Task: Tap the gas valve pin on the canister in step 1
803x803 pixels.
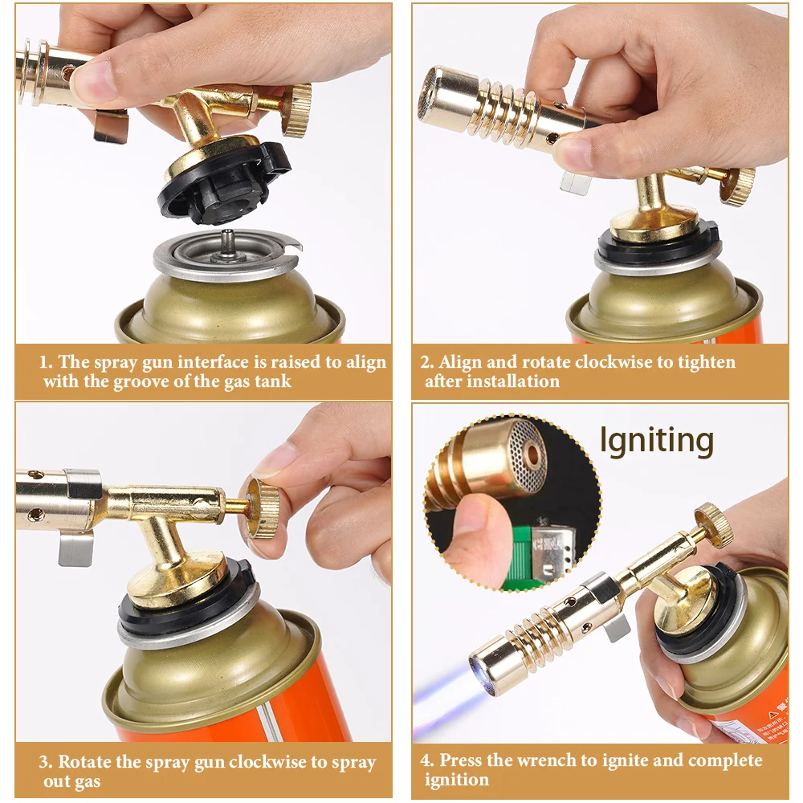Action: (227, 243)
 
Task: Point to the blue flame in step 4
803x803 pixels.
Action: (446, 687)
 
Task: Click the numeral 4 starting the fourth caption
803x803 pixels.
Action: (425, 760)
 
